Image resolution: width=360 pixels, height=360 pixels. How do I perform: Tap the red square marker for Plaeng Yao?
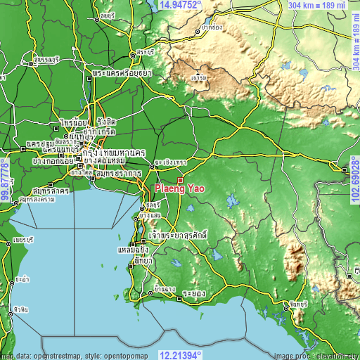[180, 181]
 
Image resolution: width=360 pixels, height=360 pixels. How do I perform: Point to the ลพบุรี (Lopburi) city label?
[107, 14]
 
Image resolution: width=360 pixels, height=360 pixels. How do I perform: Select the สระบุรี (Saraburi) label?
[146, 51]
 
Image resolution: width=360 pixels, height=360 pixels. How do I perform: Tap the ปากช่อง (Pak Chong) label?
[211, 28]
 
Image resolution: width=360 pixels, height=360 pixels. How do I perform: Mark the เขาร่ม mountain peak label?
[198, 76]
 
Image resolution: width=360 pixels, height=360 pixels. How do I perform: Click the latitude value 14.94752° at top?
[180, 5]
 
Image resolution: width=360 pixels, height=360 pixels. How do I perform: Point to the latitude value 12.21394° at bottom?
[180, 354]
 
